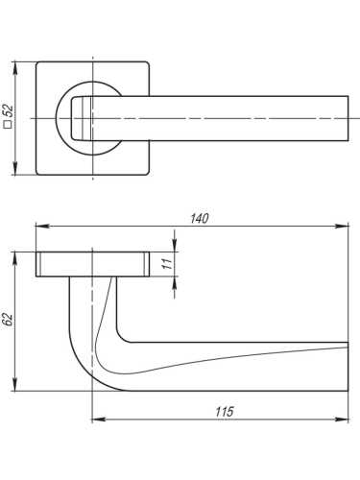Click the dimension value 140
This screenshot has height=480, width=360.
(x=199, y=218)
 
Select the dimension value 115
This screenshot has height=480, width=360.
(x=225, y=412)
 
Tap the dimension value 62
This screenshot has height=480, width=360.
(x=8, y=320)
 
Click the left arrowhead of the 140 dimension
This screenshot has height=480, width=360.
(x=38, y=227)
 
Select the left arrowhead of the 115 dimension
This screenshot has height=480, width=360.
(x=96, y=420)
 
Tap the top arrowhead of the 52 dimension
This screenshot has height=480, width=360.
(x=15, y=64)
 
